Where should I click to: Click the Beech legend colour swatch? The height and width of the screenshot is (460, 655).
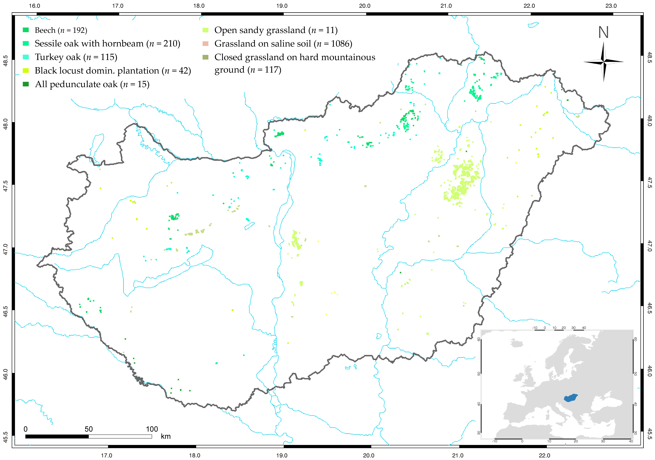tap(26, 30)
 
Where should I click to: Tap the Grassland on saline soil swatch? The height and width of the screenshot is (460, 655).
tap(205, 44)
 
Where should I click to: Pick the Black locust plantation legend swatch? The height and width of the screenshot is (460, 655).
tap(26, 70)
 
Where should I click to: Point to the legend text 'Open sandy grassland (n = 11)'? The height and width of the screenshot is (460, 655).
tap(276, 30)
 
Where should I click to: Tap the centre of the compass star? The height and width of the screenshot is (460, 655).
tap(604, 62)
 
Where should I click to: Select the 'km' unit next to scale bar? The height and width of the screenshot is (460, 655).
tap(166, 436)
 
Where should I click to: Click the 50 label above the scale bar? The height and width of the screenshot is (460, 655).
tap(88, 429)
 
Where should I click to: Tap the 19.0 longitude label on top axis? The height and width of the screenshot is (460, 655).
tap(282, 6)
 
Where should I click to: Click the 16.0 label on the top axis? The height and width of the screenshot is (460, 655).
tap(35, 6)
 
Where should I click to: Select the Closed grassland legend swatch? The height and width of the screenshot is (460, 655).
tap(205, 57)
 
